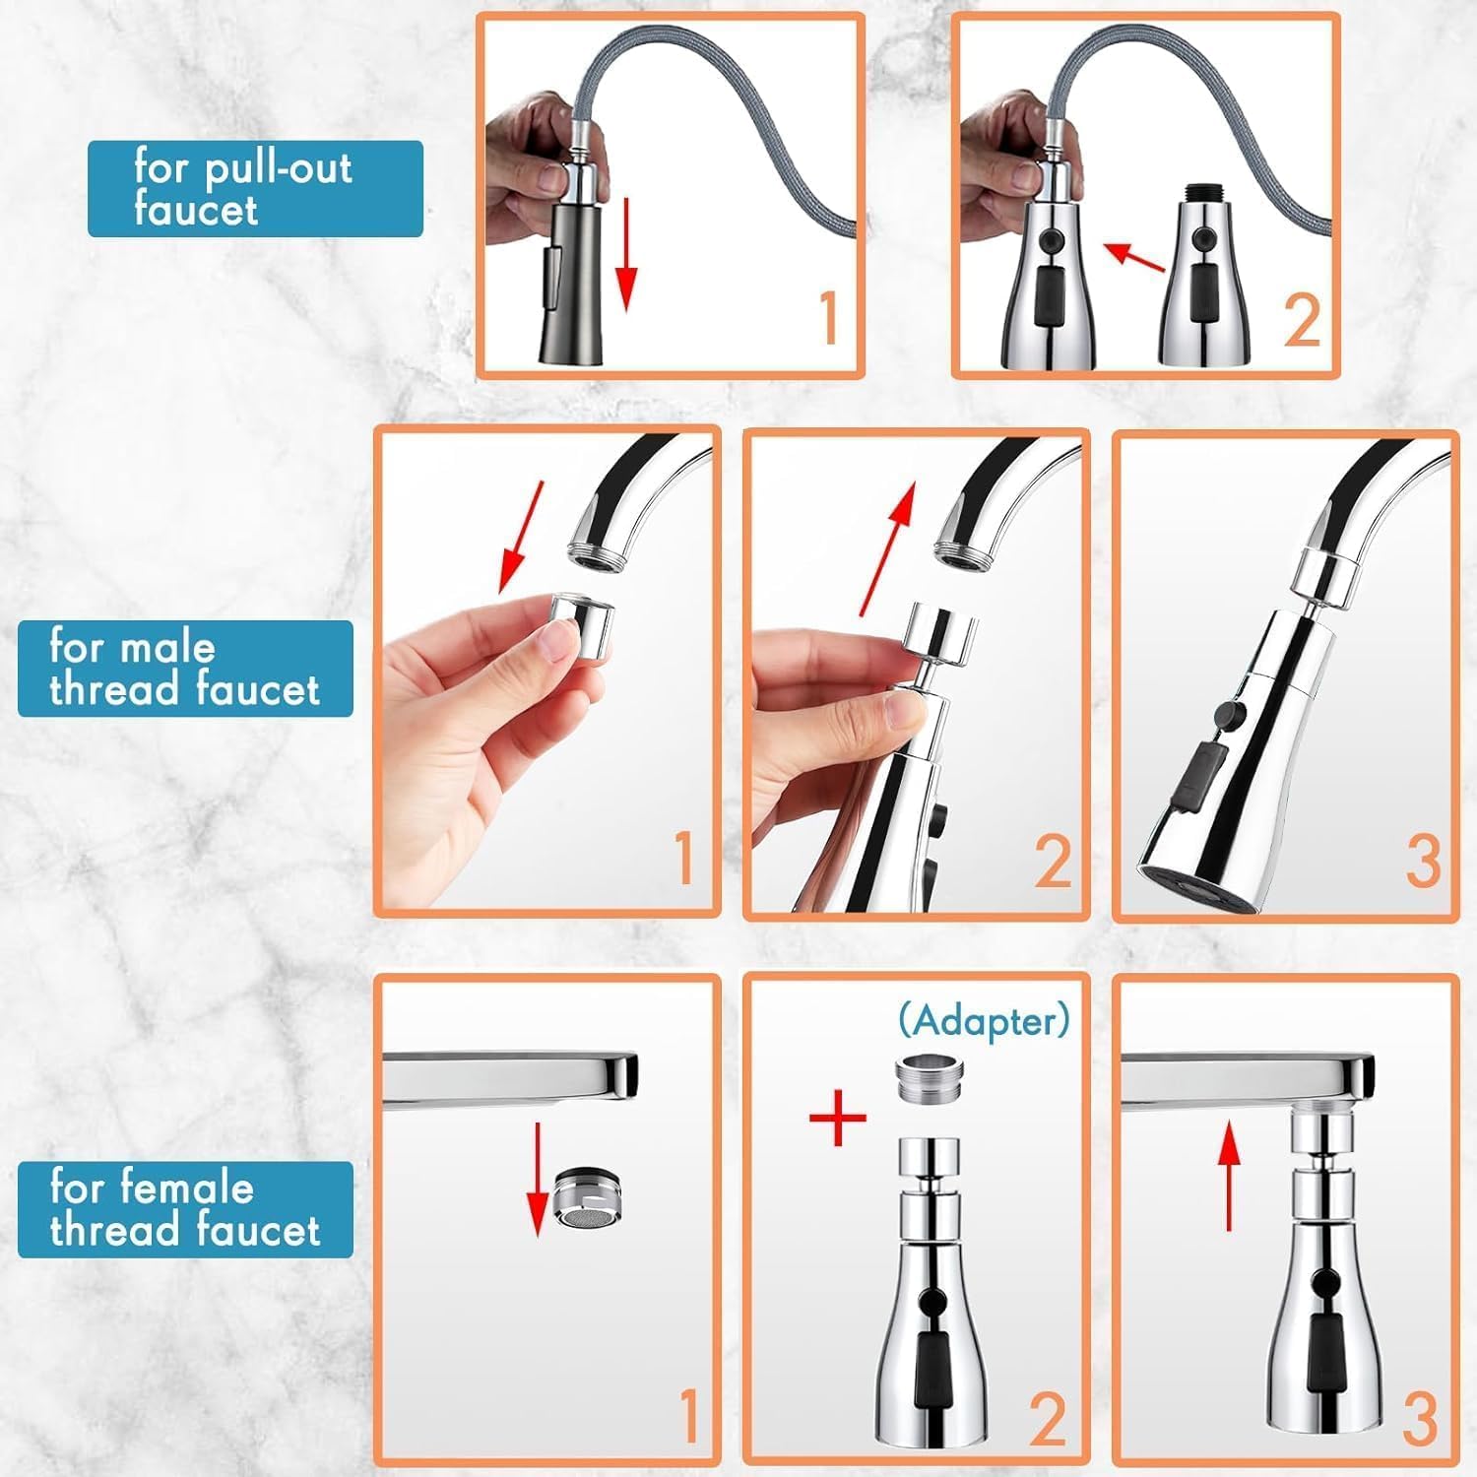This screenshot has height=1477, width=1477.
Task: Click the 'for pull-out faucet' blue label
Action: [x=255, y=189]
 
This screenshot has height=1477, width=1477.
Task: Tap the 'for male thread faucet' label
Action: [x=185, y=669]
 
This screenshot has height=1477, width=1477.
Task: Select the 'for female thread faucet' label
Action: [x=185, y=1209]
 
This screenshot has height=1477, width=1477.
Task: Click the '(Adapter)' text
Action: [x=983, y=1020]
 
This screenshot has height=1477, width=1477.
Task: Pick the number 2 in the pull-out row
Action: [x=1302, y=318]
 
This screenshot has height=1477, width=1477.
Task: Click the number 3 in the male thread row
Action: [x=1423, y=860]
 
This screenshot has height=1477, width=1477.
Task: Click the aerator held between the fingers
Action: [x=582, y=626]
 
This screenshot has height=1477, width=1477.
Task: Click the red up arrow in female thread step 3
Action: [x=1228, y=1177]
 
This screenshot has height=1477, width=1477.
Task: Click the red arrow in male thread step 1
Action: [x=521, y=536]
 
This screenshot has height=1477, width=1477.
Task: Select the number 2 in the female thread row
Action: [x=1048, y=1418]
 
